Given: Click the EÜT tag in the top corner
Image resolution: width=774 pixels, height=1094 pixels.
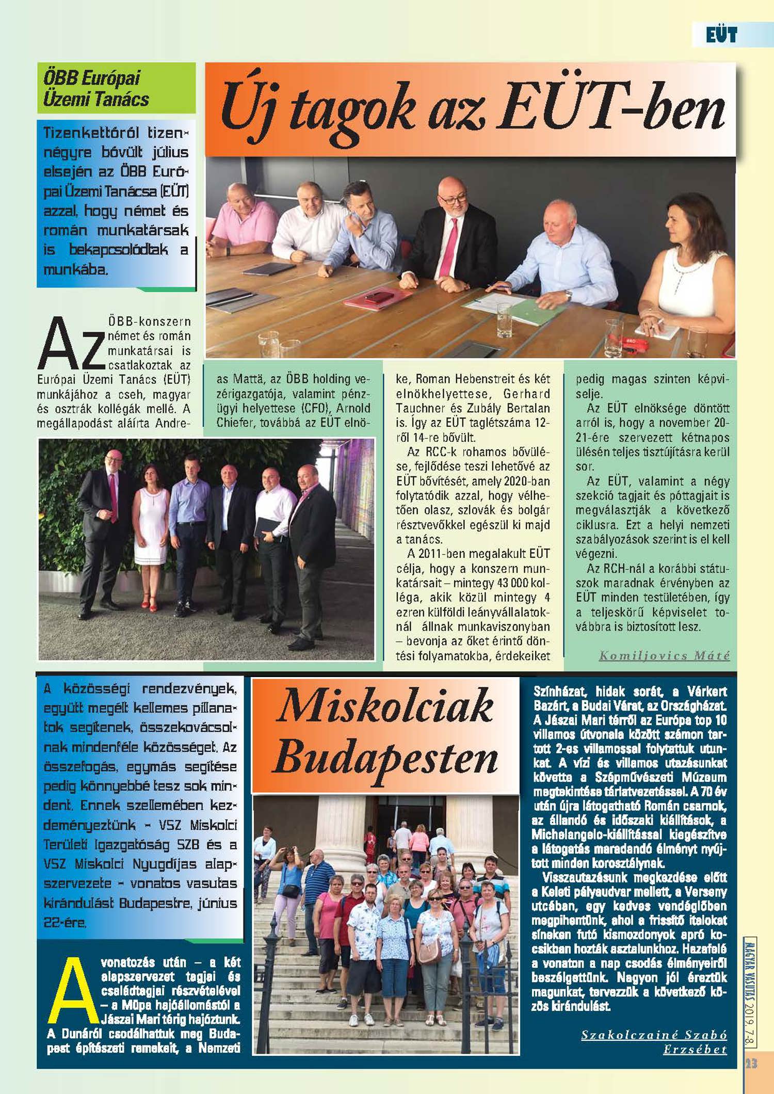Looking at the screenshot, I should coord(721,35).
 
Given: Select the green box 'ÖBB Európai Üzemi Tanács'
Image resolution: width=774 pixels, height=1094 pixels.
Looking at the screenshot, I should coord(116,88).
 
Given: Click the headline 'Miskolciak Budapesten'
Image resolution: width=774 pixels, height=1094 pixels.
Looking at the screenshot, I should coord(386,733).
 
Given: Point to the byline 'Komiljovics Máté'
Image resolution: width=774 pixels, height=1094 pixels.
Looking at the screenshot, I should coord(664,655).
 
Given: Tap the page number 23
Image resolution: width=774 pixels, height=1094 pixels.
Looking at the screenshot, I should coord(751,1064).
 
